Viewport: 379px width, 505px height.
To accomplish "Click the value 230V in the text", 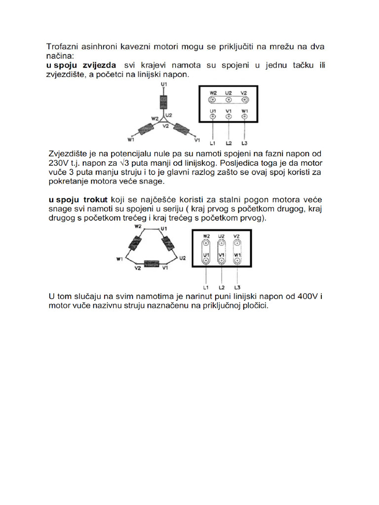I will [x=59, y=163].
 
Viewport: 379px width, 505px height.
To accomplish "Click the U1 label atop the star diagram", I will [x=164, y=85].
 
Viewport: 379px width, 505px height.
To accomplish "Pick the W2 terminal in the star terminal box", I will [x=213, y=99].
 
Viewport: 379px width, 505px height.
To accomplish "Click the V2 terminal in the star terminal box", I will [x=244, y=99].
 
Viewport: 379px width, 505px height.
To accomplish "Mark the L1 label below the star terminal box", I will [x=213, y=144].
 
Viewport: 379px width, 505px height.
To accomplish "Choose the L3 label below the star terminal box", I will [x=244, y=144].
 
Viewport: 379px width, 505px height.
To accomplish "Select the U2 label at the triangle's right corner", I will [x=183, y=258].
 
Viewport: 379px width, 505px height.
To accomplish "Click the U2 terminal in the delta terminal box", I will [x=222, y=243].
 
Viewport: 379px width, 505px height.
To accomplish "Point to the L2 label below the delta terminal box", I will [x=222, y=287].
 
